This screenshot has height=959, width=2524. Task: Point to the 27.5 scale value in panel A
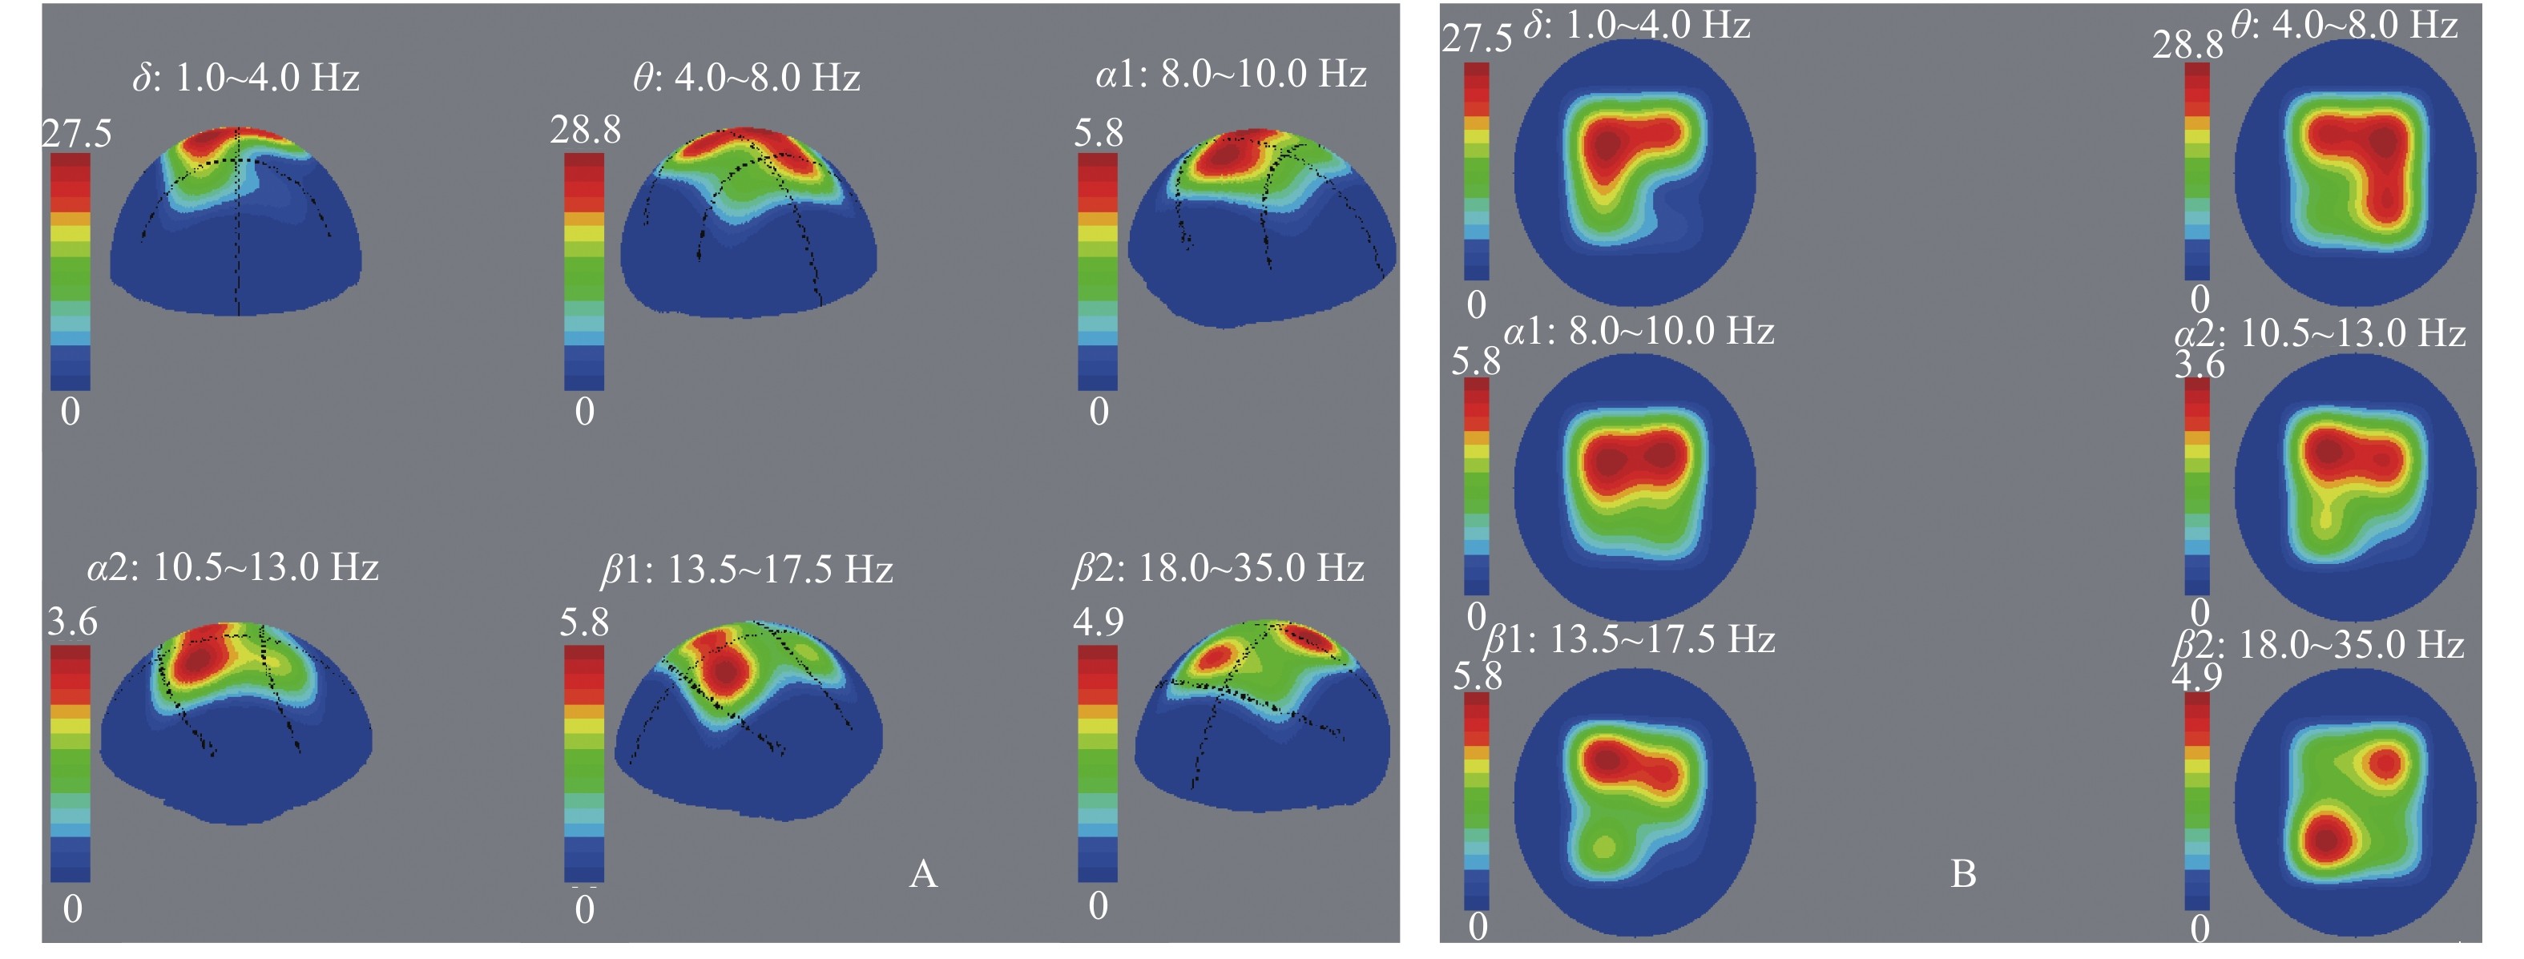(76, 133)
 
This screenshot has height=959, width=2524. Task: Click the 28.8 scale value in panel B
(2187, 45)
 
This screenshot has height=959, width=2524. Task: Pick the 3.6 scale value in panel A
(72, 622)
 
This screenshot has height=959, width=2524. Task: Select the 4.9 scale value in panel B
(2197, 677)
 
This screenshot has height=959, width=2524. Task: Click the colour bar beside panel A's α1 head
(1098, 272)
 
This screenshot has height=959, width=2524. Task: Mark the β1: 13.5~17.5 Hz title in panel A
(747, 569)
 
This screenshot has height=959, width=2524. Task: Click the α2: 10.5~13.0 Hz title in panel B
(2319, 334)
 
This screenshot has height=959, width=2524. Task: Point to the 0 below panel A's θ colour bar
(585, 413)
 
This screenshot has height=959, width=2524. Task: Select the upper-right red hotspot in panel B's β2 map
(2387, 762)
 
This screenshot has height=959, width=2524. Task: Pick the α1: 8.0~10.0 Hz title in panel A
(1231, 75)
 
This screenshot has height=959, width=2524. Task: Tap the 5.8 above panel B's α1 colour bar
(1476, 361)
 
